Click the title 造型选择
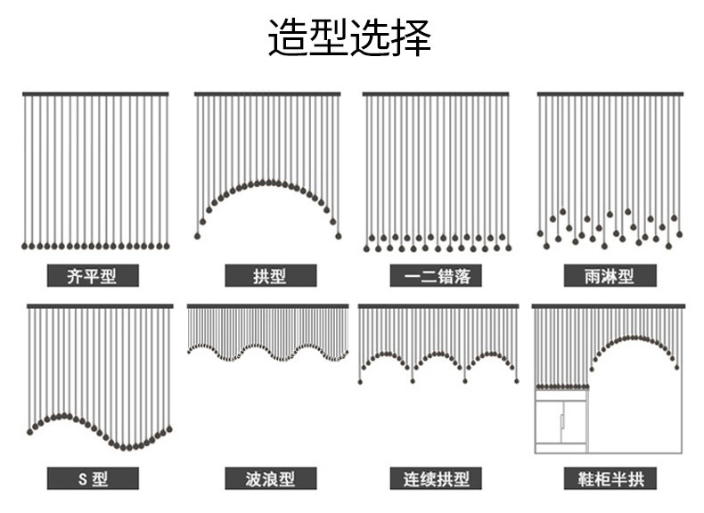349,37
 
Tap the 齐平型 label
93,275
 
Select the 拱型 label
270,275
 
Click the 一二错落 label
436,275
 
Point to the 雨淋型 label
610,275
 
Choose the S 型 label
93,478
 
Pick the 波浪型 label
270,478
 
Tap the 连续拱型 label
436,478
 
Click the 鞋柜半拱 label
610,478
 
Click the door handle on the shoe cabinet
561,421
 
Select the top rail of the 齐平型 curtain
95,94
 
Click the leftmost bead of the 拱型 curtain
197,236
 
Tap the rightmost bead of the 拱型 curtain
339,236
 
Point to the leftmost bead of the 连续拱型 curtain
360,382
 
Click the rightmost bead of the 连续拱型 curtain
517,381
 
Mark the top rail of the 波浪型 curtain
267,306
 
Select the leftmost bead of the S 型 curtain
30,432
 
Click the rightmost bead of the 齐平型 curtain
167,246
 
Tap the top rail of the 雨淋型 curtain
610,94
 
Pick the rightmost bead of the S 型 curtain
169,429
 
